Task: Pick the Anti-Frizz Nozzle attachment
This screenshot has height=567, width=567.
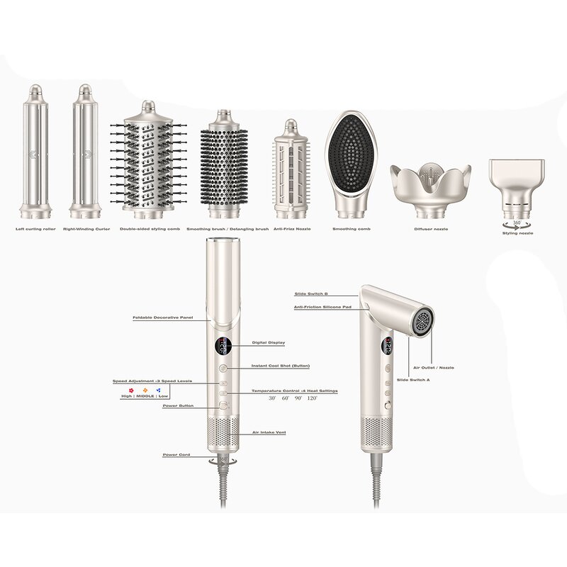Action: [x=289, y=170]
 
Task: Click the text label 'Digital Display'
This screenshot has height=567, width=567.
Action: [x=269, y=343]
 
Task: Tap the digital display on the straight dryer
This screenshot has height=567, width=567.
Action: [x=223, y=347]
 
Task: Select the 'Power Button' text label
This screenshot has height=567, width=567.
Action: [x=177, y=406]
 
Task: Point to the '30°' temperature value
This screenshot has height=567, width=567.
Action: [x=271, y=399]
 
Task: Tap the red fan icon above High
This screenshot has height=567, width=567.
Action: [x=131, y=389]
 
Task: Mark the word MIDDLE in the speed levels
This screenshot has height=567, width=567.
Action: [x=145, y=396]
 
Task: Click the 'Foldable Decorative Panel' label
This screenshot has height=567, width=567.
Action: [x=163, y=318]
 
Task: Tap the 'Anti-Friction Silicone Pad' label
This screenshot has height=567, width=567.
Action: [x=323, y=307]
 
